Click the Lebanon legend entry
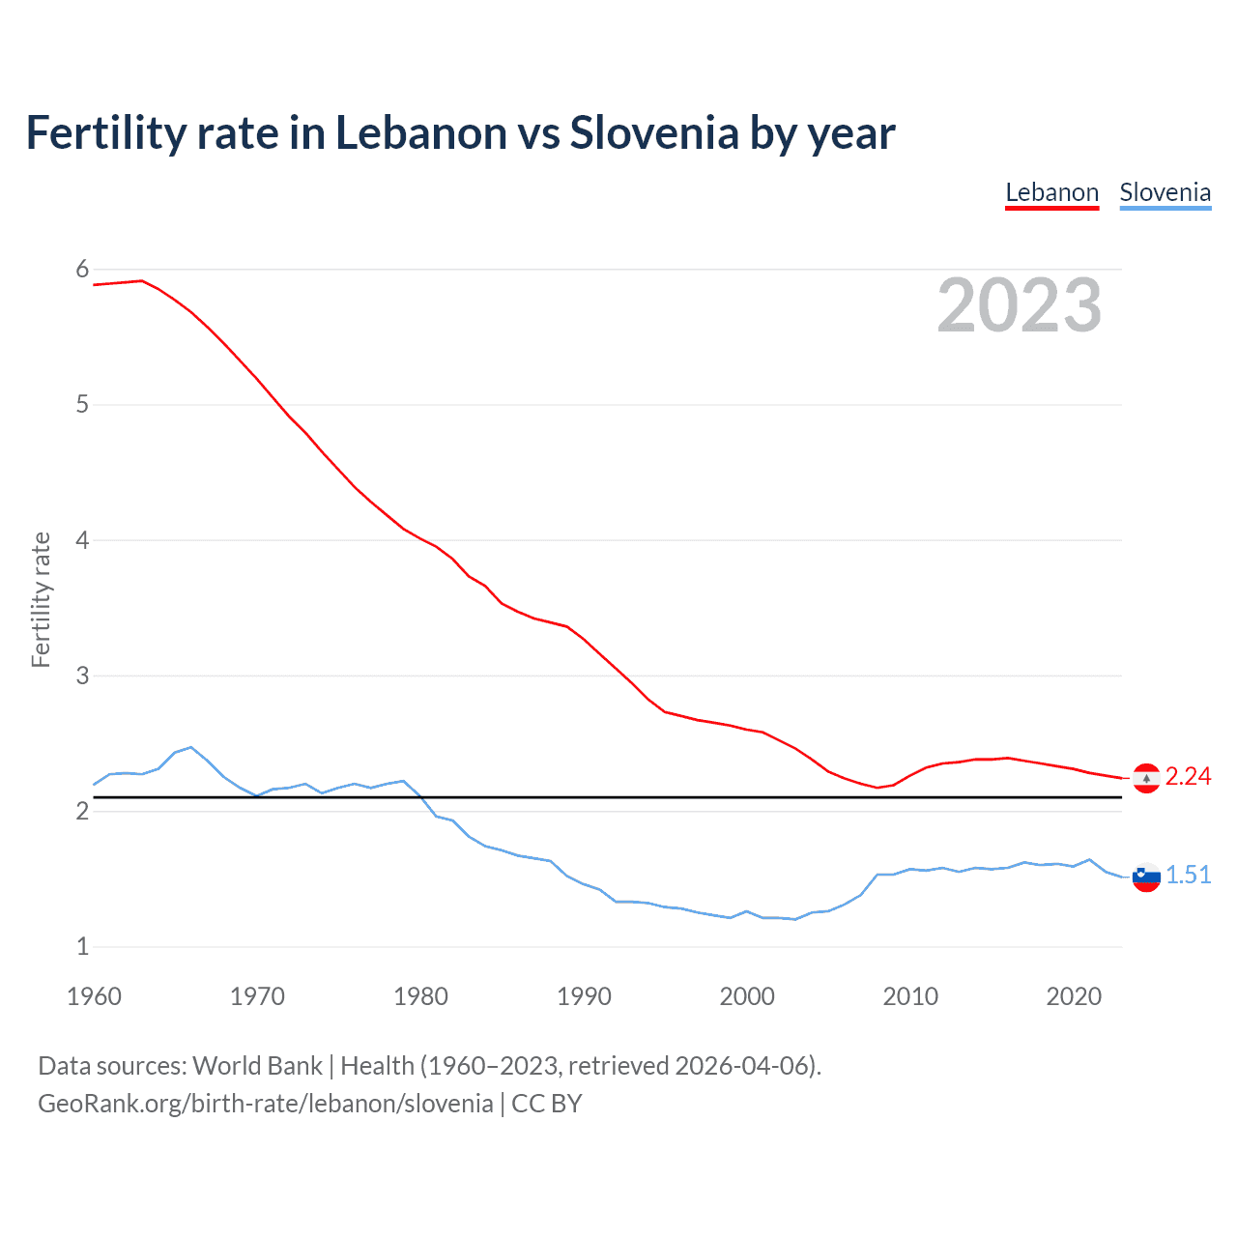click(x=1051, y=192)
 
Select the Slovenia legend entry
click(x=1165, y=192)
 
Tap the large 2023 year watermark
click(x=1019, y=305)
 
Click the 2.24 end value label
click(x=1188, y=777)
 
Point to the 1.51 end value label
click(x=1188, y=876)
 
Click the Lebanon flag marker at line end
click(x=1146, y=778)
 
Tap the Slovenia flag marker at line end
click(x=1146, y=877)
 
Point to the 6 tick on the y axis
click(x=82, y=270)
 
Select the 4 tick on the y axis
click(x=82, y=540)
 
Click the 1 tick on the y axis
click(x=82, y=947)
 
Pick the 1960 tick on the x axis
click(x=94, y=996)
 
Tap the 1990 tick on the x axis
click(x=584, y=996)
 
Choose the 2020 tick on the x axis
click(x=1074, y=996)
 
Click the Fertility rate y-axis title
click(x=41, y=599)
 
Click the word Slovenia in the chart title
click(x=654, y=133)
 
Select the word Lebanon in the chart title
click(x=420, y=133)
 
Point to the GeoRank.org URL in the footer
click(x=265, y=1104)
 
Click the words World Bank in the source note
click(x=257, y=1066)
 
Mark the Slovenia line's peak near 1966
click(x=191, y=747)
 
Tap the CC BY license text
click(x=547, y=1104)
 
